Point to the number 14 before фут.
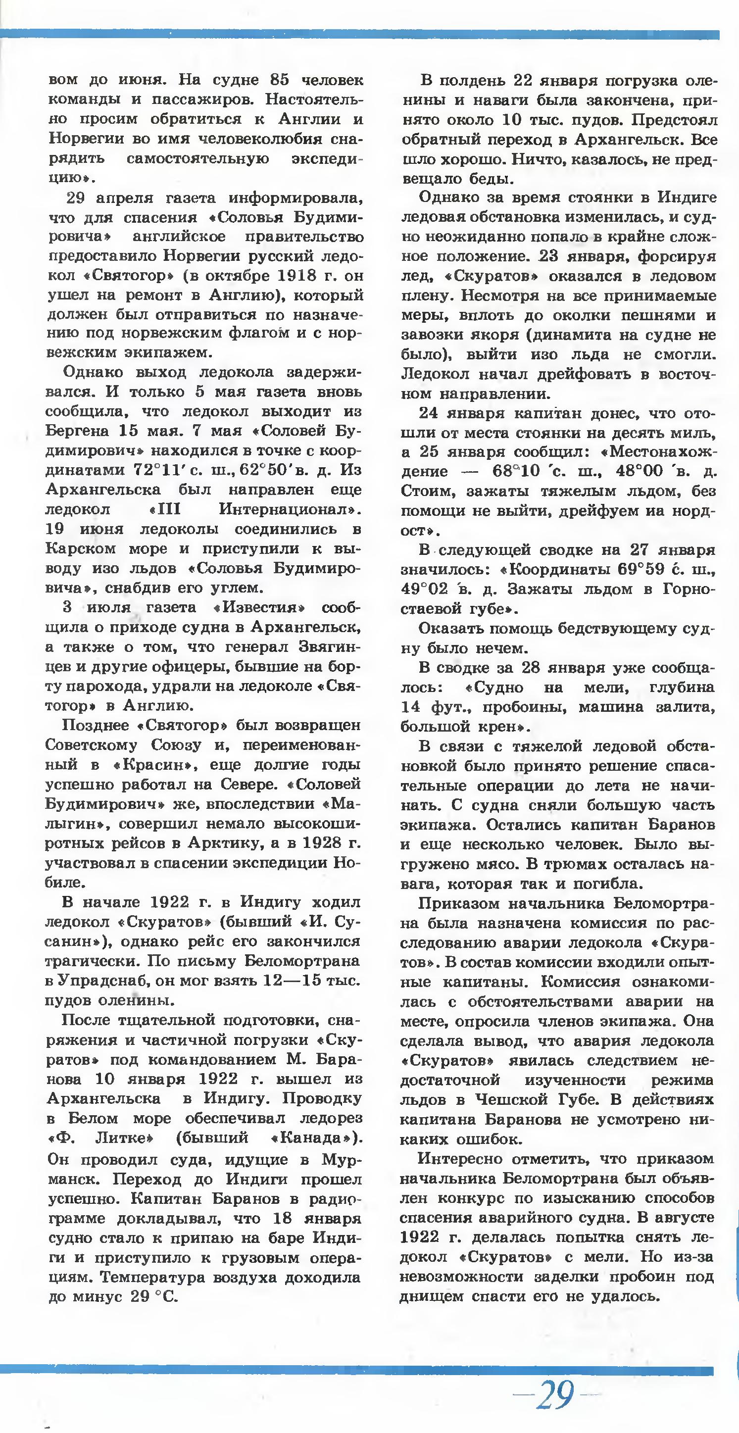412,707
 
